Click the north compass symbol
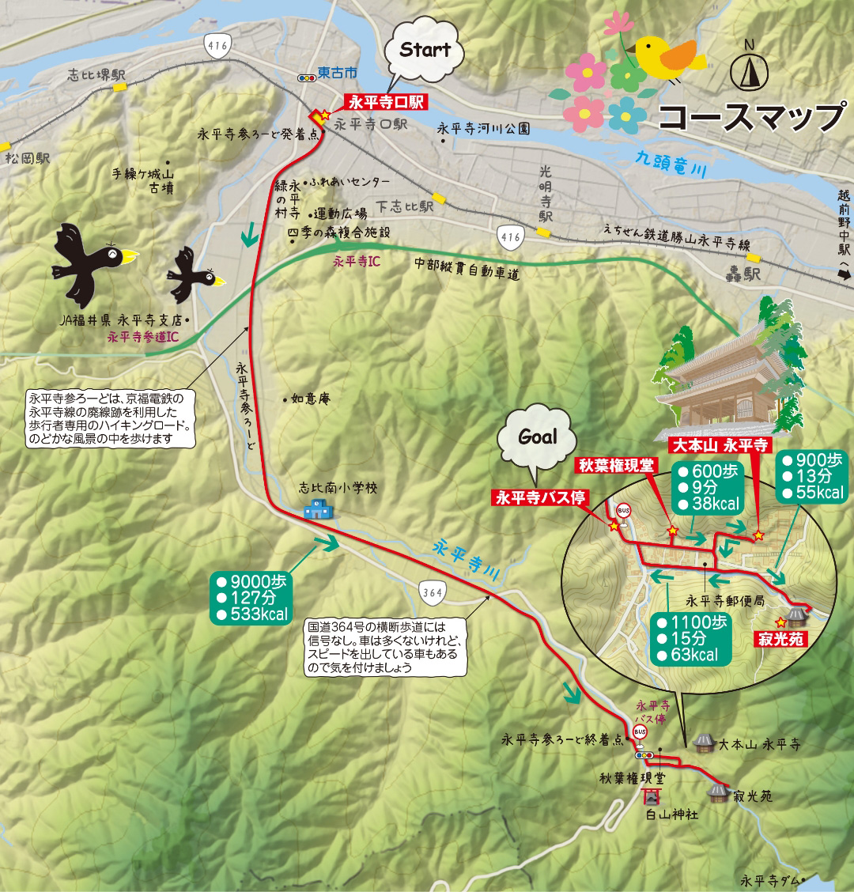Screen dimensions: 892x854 750,72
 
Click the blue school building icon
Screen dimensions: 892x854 319,509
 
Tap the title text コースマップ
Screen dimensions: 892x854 751,117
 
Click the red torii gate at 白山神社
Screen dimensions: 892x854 652,796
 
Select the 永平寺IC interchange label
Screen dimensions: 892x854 356,260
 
